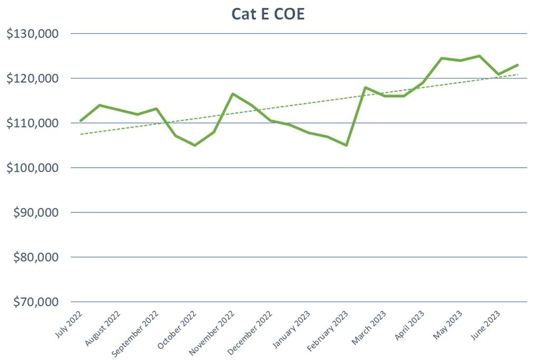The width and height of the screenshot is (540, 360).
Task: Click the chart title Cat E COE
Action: tap(268, 14)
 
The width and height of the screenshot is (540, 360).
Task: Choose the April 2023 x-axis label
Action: tap(409, 324)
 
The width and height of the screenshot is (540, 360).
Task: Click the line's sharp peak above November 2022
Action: tap(233, 94)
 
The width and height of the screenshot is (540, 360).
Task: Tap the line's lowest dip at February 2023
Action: tap(346, 145)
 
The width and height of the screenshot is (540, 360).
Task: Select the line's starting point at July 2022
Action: tap(81, 121)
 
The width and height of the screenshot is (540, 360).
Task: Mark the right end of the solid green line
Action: tap(517, 65)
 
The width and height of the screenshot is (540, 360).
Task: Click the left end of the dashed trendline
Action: tap(81, 134)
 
